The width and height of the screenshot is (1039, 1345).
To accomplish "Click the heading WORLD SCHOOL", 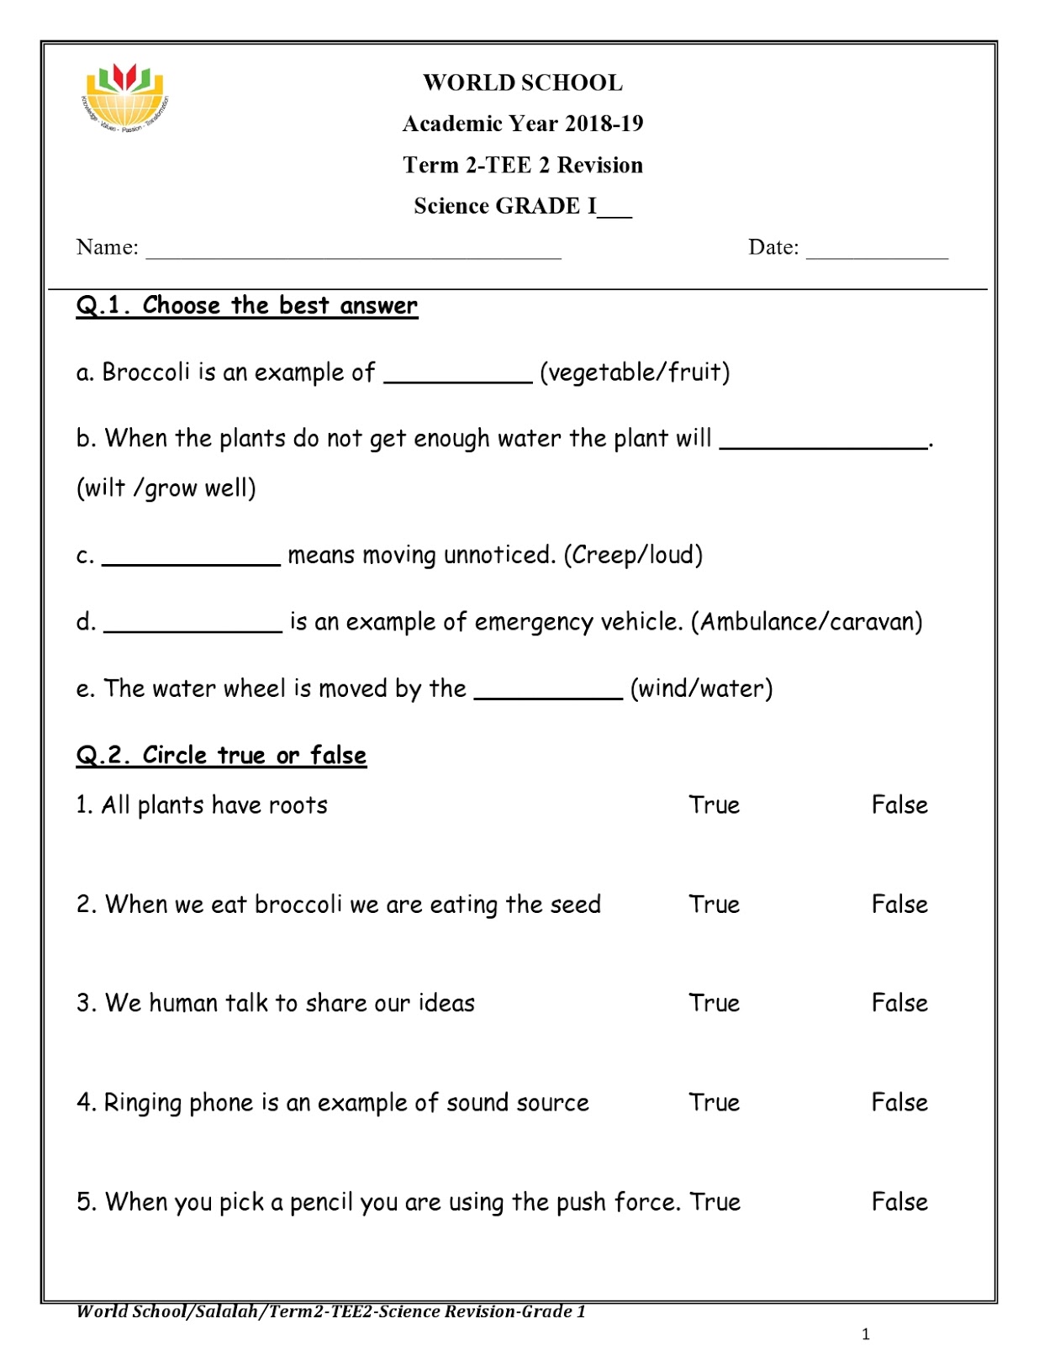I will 522,82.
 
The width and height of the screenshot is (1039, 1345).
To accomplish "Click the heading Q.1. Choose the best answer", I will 246,305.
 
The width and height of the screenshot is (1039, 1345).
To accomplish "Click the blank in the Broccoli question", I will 458,376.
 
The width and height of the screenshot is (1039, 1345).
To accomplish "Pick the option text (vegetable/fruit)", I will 635,372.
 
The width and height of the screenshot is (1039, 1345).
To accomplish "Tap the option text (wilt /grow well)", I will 166,488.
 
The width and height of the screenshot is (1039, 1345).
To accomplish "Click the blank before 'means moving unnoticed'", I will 191,559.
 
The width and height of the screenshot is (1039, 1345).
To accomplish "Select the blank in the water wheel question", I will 548,693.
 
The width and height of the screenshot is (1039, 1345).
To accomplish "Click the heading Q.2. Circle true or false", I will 221,755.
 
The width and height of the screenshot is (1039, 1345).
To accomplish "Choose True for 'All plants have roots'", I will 714,805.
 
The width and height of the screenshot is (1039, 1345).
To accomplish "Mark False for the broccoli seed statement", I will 899,905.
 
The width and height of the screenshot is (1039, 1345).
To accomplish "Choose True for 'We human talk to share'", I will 714,1003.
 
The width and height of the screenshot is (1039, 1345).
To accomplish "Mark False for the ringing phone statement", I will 899,1102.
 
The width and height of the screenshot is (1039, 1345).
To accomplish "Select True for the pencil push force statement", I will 715,1202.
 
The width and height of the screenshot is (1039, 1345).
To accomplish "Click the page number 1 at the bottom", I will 866,1333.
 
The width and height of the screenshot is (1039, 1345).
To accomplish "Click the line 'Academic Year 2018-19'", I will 522,124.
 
